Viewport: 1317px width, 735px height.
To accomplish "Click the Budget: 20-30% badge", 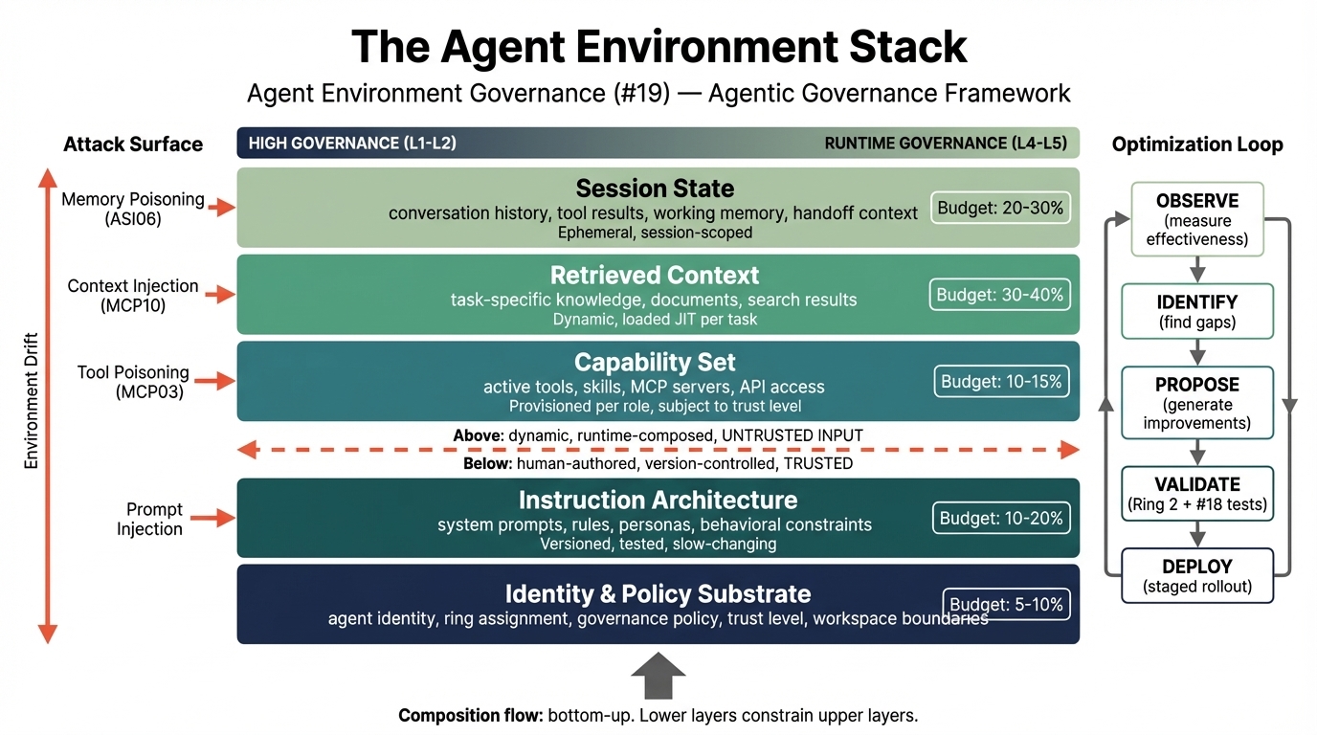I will click(1000, 208).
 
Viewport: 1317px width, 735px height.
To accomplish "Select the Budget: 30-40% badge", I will click(999, 295).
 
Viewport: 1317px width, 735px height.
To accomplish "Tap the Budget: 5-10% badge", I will click(1006, 605).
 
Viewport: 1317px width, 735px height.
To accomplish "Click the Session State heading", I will click(655, 188).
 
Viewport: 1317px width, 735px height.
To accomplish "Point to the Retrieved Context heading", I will click(655, 276).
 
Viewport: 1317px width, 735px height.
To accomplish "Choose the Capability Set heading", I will click(655, 363).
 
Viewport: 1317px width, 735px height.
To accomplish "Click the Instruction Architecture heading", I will click(658, 500).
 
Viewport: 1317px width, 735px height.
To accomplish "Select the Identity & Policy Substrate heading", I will click(658, 593).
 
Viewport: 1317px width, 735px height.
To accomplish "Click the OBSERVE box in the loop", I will click(1197, 219).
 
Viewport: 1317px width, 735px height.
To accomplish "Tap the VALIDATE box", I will click(1197, 494).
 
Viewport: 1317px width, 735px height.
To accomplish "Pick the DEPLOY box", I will click(1197, 575).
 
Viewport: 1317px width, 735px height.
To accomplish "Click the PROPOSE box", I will click(1197, 403).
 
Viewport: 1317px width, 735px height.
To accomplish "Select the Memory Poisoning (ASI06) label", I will click(133, 209).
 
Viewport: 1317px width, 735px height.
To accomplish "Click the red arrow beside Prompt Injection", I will click(220, 519).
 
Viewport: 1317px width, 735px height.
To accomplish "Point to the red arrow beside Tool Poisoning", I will click(220, 381).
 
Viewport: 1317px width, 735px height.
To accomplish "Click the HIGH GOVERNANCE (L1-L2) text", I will click(351, 144).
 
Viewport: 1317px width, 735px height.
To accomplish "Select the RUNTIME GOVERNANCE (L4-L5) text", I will click(945, 144).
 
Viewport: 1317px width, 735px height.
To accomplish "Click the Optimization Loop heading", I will click(1196, 145).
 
